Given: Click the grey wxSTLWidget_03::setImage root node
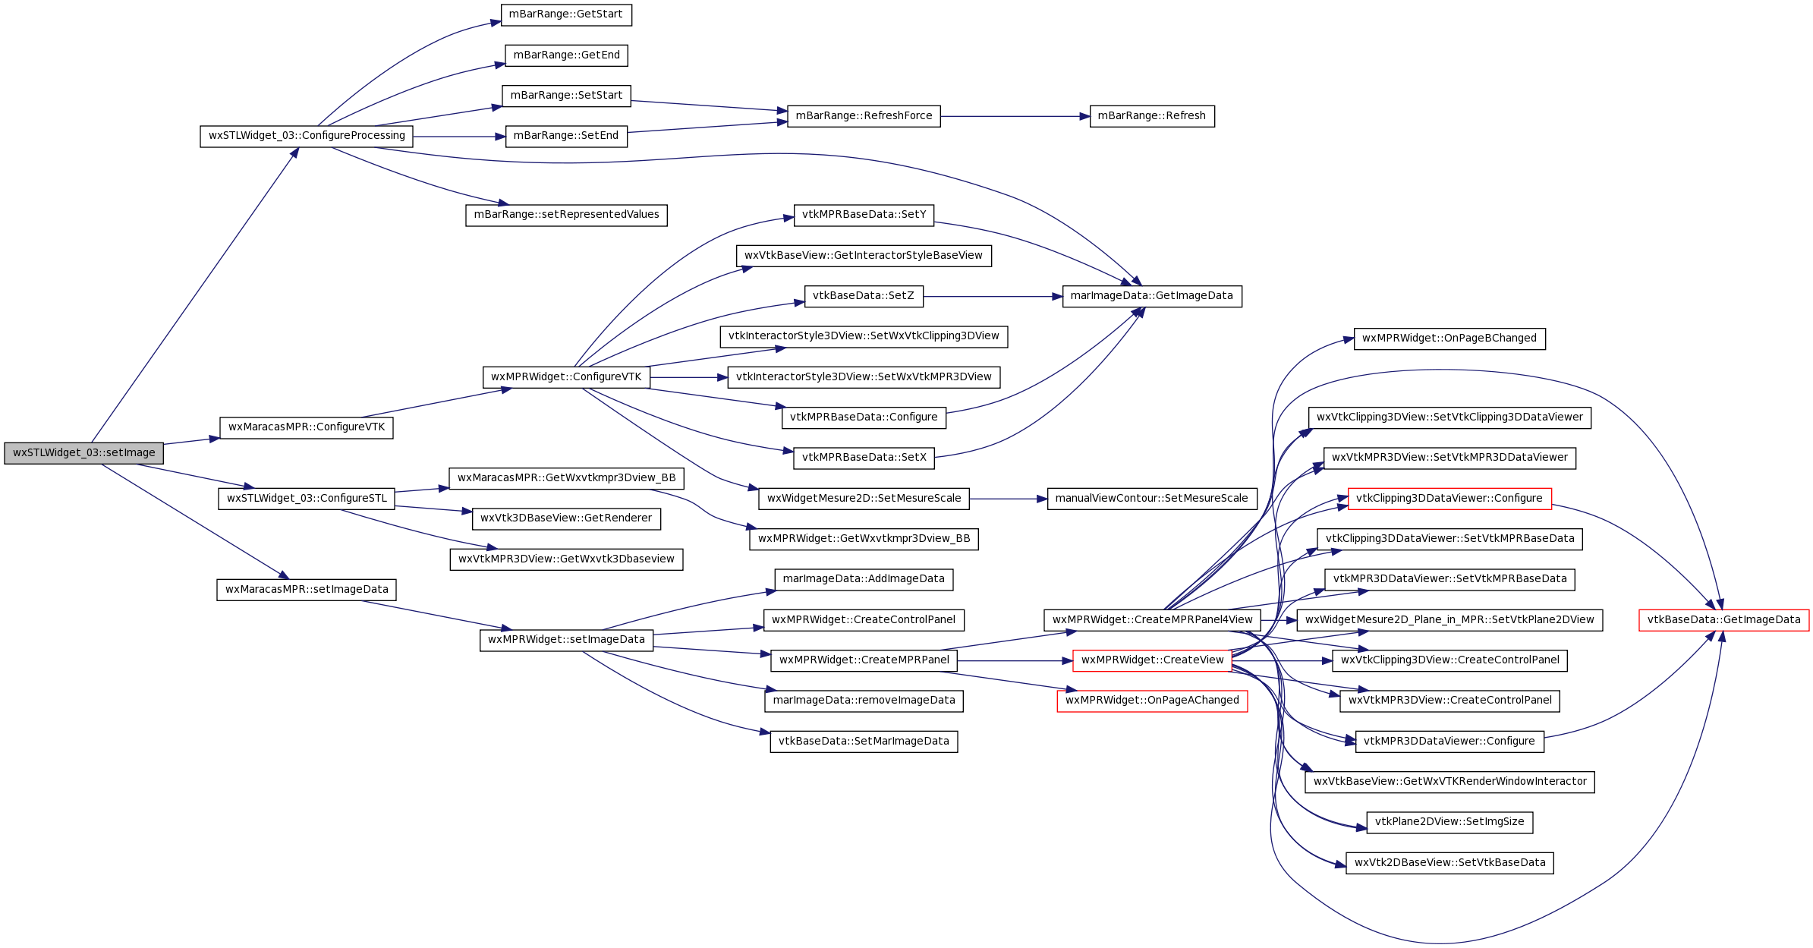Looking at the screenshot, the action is coord(83,453).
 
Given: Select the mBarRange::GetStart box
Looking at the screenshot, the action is coord(566,14).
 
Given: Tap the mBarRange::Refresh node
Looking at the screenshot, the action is coord(1152,116).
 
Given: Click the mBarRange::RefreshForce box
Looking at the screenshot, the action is coord(864,116).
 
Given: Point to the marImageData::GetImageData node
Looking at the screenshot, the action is coord(1152,296).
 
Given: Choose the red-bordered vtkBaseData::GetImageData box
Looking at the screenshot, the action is coord(1723,620).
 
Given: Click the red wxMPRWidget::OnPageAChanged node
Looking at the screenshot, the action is coord(1152,701).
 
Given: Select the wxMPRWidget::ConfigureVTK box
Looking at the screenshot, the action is coord(566,377).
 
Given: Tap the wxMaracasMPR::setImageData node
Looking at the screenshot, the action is coord(307,590).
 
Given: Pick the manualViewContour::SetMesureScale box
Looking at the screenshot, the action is coord(1152,499).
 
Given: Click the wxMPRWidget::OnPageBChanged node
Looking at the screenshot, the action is coord(1449,339).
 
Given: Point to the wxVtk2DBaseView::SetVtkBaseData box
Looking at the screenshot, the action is coord(1449,863).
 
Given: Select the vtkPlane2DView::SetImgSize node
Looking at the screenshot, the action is coord(1449,822).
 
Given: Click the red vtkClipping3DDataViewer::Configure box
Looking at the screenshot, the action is coord(1449,499).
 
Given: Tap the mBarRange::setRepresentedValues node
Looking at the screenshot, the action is coord(566,215).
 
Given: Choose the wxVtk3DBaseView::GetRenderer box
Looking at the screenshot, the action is coord(566,518).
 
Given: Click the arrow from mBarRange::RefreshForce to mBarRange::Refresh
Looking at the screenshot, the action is coord(1015,116).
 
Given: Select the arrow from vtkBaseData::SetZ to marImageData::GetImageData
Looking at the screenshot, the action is coord(993,296).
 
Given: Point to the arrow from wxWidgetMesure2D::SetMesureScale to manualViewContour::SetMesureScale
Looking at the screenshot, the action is coord(1008,499).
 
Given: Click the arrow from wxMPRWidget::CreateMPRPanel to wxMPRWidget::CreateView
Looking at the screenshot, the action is coord(1015,660).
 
